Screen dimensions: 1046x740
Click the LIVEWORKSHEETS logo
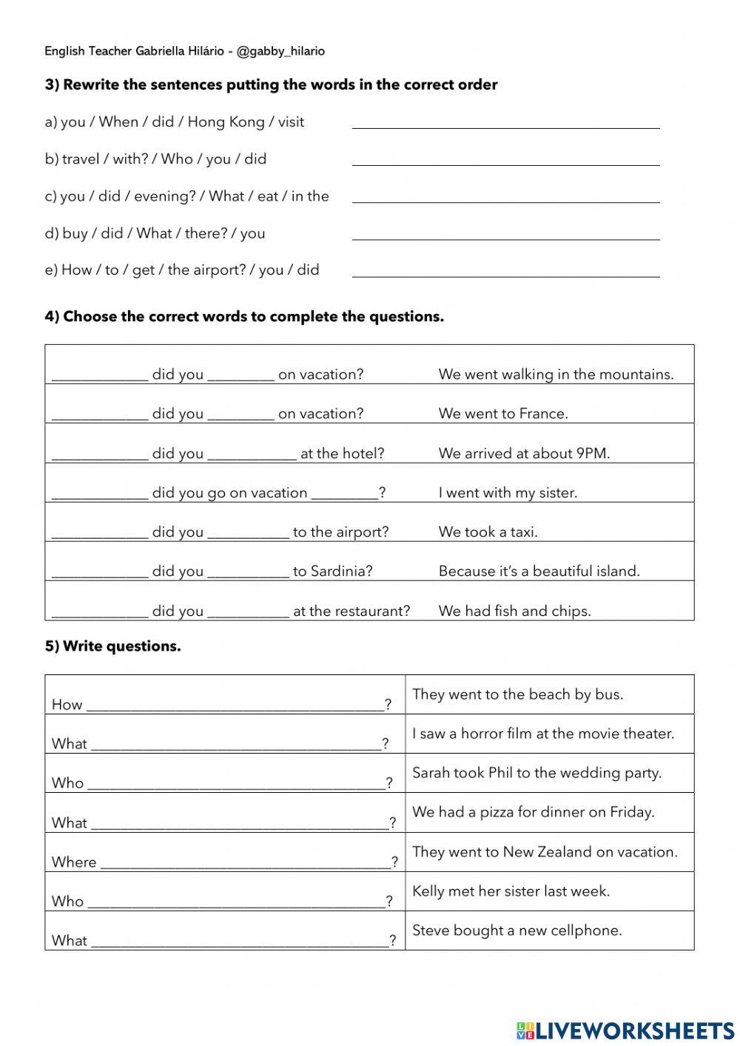tap(625, 1030)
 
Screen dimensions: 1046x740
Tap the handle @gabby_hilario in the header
tap(280, 51)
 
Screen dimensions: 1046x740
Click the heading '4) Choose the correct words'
tap(244, 317)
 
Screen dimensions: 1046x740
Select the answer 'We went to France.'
tap(503, 414)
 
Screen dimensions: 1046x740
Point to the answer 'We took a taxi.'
tap(488, 532)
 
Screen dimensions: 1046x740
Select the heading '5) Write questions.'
tap(112, 646)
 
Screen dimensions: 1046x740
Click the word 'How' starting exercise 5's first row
tap(67, 705)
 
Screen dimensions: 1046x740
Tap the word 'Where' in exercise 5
tap(74, 862)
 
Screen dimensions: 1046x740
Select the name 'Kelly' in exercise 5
tap(428, 891)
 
